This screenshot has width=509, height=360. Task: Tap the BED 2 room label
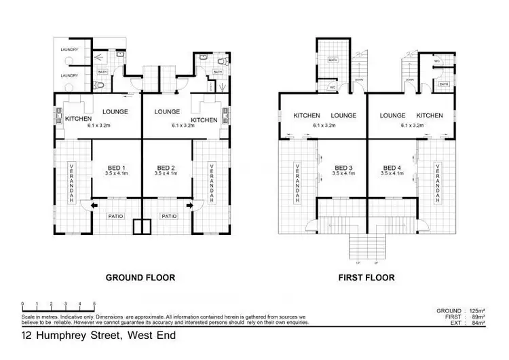pos(166,168)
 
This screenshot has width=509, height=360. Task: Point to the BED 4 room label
pos(393,168)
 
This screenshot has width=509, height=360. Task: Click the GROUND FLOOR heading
pos(140,277)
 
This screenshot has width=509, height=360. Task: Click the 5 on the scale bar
pos(94,303)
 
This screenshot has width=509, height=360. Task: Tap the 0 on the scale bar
pos(23,303)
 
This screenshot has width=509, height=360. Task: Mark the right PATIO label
pos(168,217)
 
